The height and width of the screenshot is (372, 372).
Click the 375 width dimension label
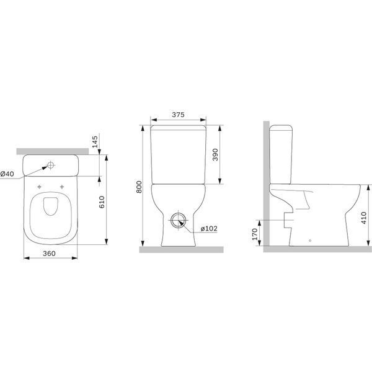pos(178,115)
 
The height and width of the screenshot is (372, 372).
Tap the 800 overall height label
pos(139,187)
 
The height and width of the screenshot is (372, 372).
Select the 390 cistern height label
pos(215,154)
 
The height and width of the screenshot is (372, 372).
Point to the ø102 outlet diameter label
pos(209,228)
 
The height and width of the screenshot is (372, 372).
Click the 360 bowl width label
pos(49,254)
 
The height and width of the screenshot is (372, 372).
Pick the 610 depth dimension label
pos(102,202)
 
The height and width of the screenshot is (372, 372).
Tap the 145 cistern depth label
pos(95,141)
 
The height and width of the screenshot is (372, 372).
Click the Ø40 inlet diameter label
pos(7,174)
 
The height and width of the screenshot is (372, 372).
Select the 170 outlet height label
pos(255,234)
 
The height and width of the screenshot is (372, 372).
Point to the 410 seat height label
pos(363,218)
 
